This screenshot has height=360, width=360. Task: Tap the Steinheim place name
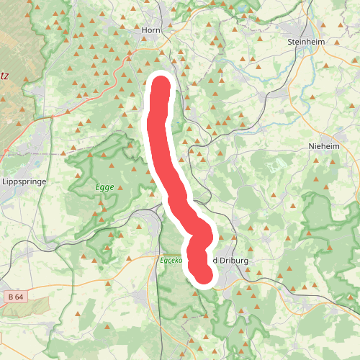307,42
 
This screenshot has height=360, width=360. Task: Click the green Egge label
104,186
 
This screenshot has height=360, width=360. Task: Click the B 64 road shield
15,297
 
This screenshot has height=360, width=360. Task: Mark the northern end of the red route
161,85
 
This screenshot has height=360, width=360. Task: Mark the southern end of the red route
205,275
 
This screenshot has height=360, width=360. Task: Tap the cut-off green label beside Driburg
174,260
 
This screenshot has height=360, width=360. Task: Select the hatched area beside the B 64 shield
29,308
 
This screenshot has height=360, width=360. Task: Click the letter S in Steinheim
290,42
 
